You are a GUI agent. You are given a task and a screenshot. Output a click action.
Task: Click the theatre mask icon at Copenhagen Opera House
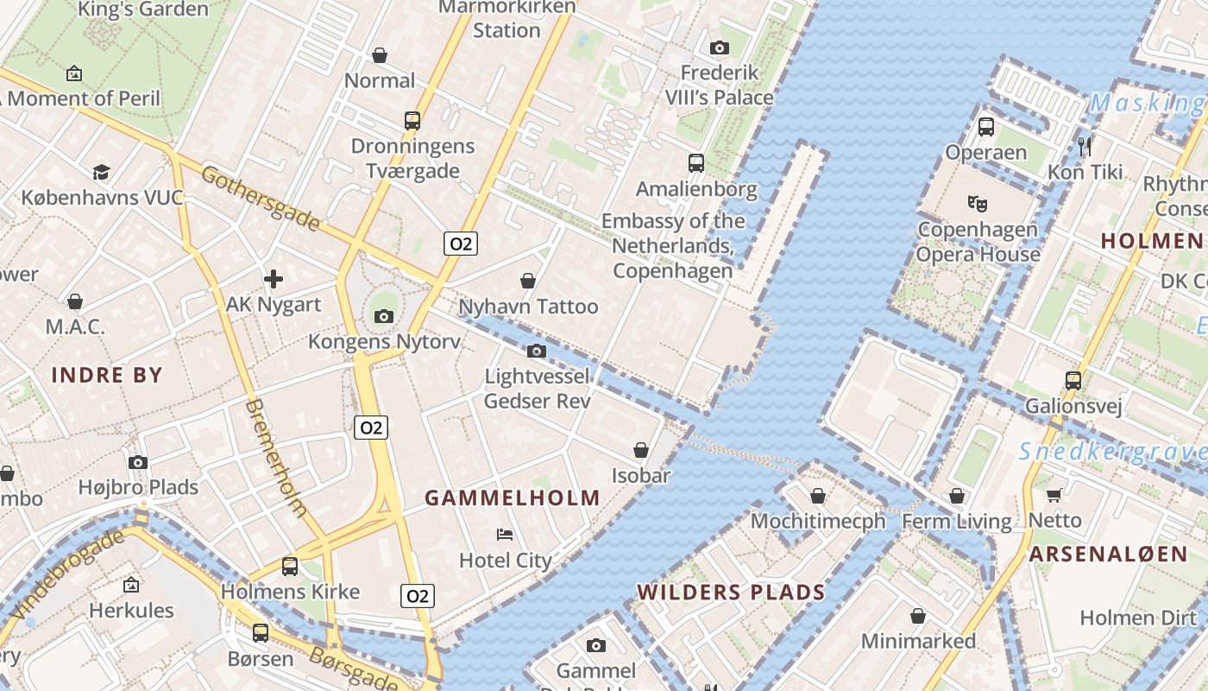click(977, 204)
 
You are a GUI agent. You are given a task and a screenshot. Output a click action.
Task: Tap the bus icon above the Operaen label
click(985, 127)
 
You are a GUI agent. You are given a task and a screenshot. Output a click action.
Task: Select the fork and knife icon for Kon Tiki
click(1085, 146)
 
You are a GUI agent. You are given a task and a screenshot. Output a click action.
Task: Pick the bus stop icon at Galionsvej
click(1073, 380)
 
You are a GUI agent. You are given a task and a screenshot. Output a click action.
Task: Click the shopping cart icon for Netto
click(1054, 495)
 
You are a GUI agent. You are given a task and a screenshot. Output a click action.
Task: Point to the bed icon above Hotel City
click(505, 535)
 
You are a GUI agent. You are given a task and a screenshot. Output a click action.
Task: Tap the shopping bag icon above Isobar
click(641, 450)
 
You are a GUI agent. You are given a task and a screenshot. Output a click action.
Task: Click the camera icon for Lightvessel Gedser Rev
click(537, 351)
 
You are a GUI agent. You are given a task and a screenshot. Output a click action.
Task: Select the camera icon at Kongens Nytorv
click(384, 316)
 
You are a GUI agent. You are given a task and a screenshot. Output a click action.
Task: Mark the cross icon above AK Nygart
click(274, 278)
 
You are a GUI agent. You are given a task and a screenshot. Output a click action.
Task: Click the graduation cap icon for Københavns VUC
click(102, 172)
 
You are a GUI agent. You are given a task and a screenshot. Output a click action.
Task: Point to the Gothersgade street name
click(261, 199)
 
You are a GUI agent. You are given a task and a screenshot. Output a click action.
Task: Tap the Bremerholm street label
click(276, 458)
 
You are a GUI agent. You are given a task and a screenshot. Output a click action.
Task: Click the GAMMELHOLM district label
click(513, 498)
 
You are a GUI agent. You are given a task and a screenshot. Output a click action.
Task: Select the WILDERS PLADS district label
click(731, 593)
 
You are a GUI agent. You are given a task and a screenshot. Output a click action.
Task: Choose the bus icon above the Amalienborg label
click(695, 162)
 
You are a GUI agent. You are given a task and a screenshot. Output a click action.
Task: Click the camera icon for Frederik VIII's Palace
click(719, 48)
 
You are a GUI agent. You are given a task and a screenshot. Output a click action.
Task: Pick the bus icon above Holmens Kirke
click(290, 567)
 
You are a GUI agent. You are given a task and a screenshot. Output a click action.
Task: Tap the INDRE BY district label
click(107, 375)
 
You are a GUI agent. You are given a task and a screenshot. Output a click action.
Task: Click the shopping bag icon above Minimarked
click(918, 616)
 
